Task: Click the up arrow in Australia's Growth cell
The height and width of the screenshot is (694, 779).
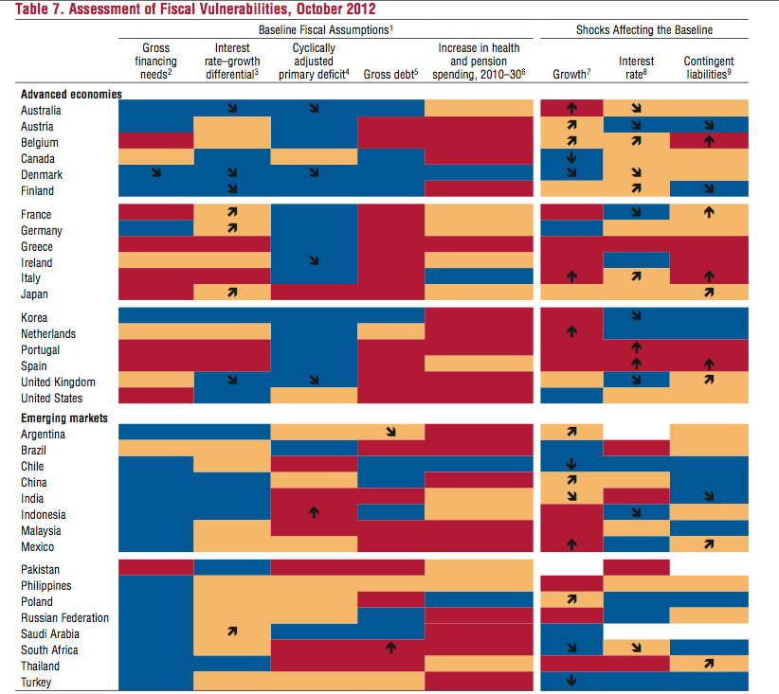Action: pos(571,108)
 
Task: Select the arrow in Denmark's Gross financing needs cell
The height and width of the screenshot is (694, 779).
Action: pos(156,172)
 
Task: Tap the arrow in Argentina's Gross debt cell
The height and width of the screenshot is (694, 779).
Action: pos(391,432)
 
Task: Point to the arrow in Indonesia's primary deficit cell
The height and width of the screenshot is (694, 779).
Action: pos(314,512)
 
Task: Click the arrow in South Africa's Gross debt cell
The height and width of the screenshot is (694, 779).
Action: pos(391,648)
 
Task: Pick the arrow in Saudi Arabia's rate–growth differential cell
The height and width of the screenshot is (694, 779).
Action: pos(232,632)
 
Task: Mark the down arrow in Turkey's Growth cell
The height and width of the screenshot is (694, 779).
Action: pos(571,680)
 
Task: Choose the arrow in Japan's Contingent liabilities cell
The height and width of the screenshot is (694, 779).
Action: pos(709,293)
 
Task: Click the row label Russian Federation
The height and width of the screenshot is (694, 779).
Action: pos(64,618)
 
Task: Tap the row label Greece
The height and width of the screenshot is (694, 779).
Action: pos(37,247)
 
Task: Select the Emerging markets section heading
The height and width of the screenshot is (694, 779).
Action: pos(64,418)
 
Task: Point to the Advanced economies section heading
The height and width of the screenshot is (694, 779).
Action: pos(71,95)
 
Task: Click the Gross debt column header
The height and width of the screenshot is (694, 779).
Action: pos(391,74)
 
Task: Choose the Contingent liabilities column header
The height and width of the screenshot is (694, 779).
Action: pos(709,67)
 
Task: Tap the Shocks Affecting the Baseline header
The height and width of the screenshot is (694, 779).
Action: pos(644,29)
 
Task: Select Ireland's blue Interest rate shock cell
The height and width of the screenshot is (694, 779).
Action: pos(637,260)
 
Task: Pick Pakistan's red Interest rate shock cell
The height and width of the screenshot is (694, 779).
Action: pos(637,567)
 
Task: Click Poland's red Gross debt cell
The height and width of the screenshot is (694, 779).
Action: pos(391,599)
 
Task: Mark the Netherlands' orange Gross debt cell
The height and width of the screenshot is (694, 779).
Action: pos(391,331)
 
